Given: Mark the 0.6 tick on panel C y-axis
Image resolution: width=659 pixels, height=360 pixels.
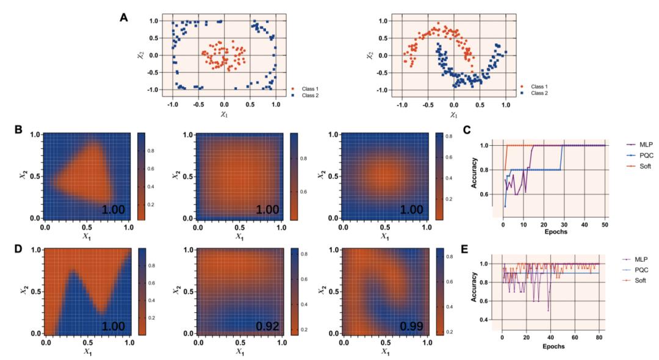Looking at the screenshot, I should pos(484,194).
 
